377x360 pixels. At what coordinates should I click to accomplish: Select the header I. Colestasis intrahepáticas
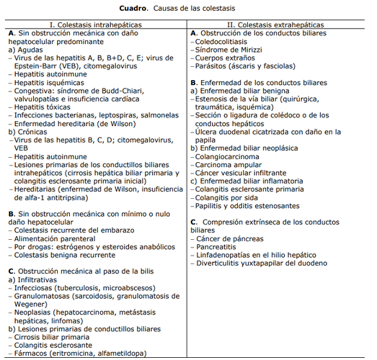96,25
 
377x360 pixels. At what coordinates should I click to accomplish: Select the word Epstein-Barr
31,66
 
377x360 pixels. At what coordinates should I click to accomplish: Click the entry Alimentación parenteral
54,239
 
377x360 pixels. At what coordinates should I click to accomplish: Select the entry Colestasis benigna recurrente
65,255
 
